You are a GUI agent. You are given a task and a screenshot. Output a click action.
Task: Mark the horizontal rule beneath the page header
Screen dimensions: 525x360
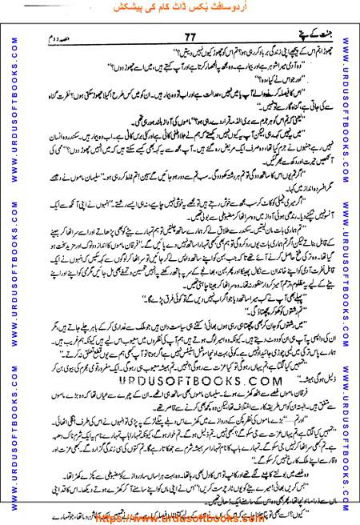(x=180, y=33)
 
